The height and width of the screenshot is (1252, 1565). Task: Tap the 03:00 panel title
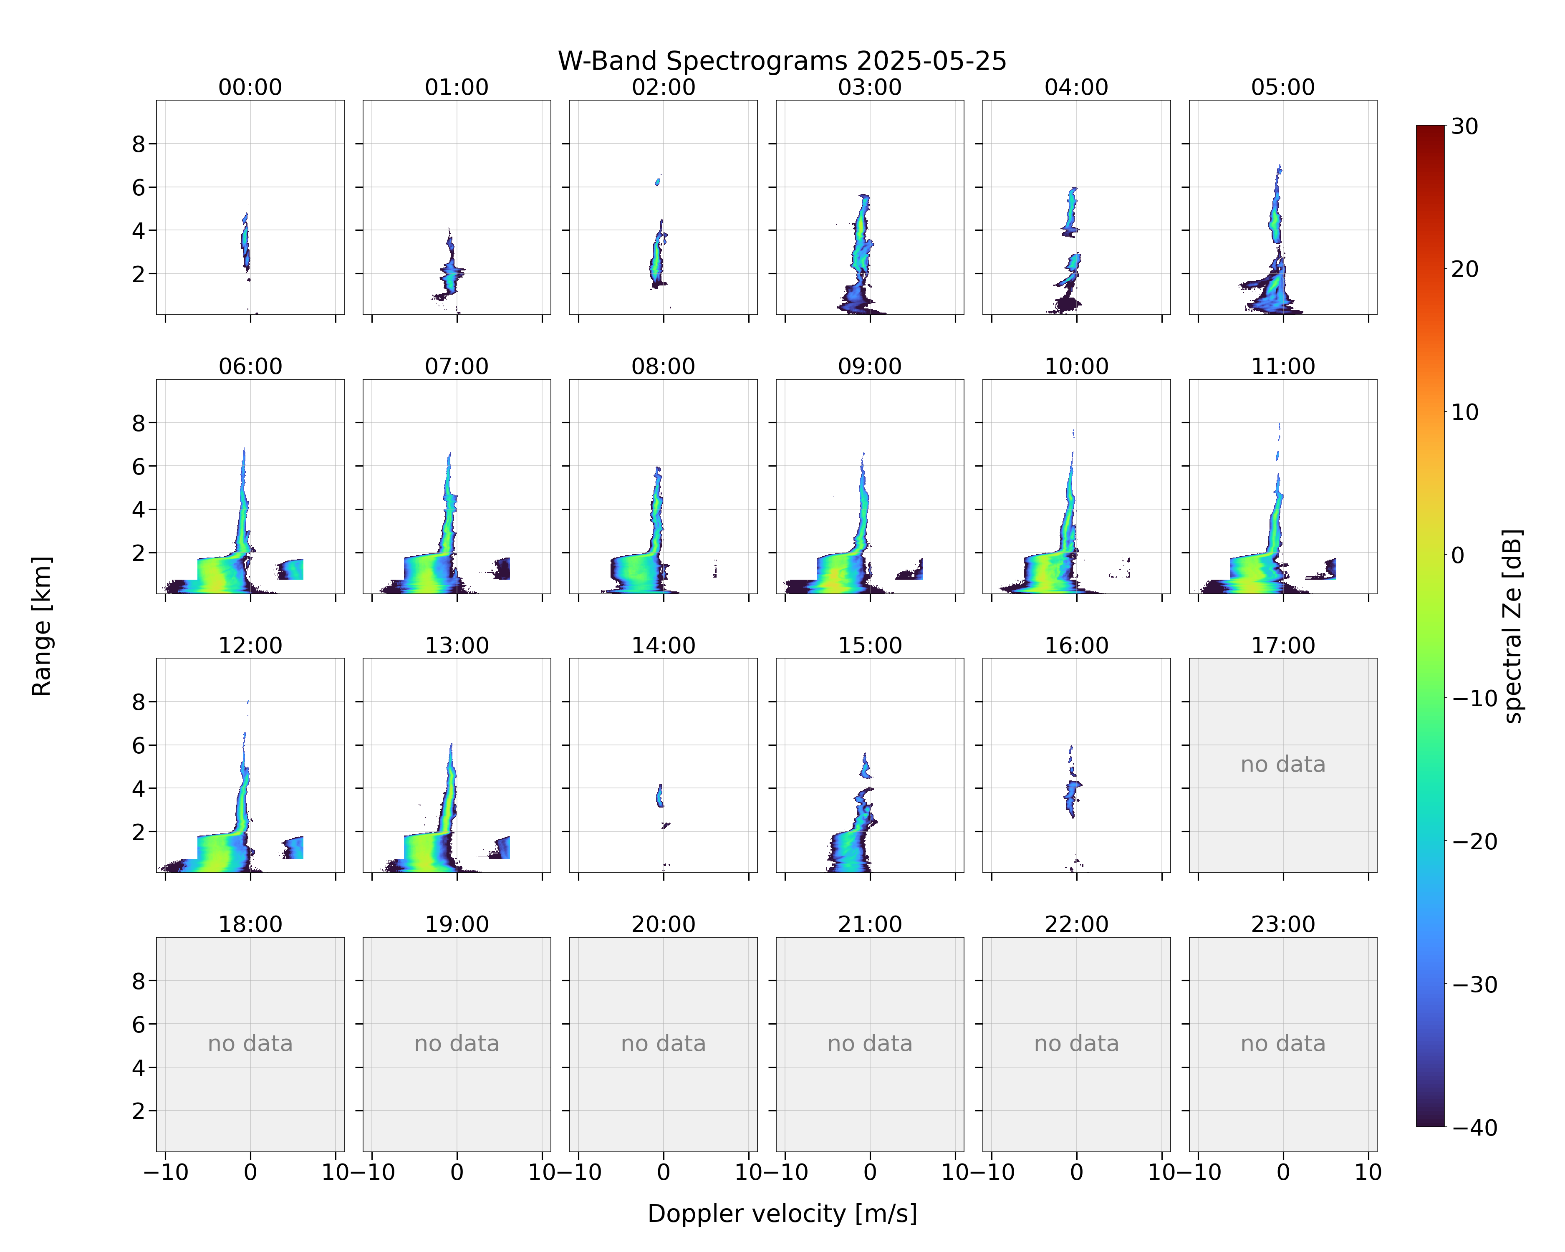click(x=870, y=87)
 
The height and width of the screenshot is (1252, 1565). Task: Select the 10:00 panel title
click(x=1076, y=366)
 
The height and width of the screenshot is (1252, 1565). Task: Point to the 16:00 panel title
click(x=1076, y=645)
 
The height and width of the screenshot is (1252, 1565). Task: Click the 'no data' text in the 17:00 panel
click(x=1282, y=764)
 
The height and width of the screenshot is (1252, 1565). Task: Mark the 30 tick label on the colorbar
click(x=1465, y=126)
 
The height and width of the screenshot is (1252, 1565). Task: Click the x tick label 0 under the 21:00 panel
click(x=870, y=1172)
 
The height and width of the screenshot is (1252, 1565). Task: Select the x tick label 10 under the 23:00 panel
click(x=1368, y=1172)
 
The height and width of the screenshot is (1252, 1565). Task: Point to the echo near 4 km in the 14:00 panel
click(x=660, y=795)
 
